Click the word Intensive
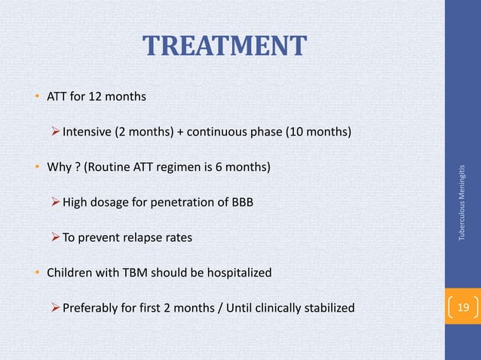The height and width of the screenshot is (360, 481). click(86, 133)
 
